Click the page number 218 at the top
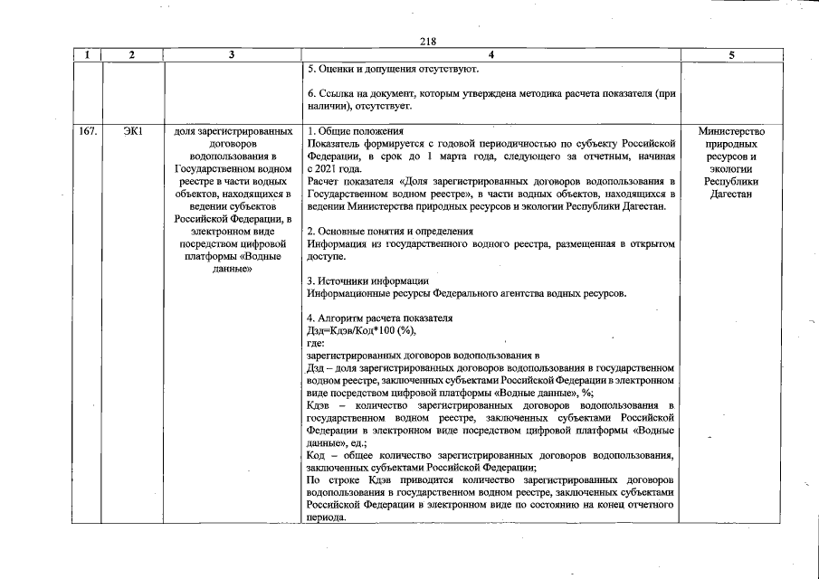coord(428,42)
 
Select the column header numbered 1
coord(87,55)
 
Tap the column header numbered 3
coord(233,55)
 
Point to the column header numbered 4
coord(490,55)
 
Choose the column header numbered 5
coord(731,55)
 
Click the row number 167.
coord(87,131)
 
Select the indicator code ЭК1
coord(132,131)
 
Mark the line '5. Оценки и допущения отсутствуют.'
coord(392,69)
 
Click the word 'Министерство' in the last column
coord(731,131)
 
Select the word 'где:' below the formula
coord(316,344)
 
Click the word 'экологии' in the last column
coord(731,169)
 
